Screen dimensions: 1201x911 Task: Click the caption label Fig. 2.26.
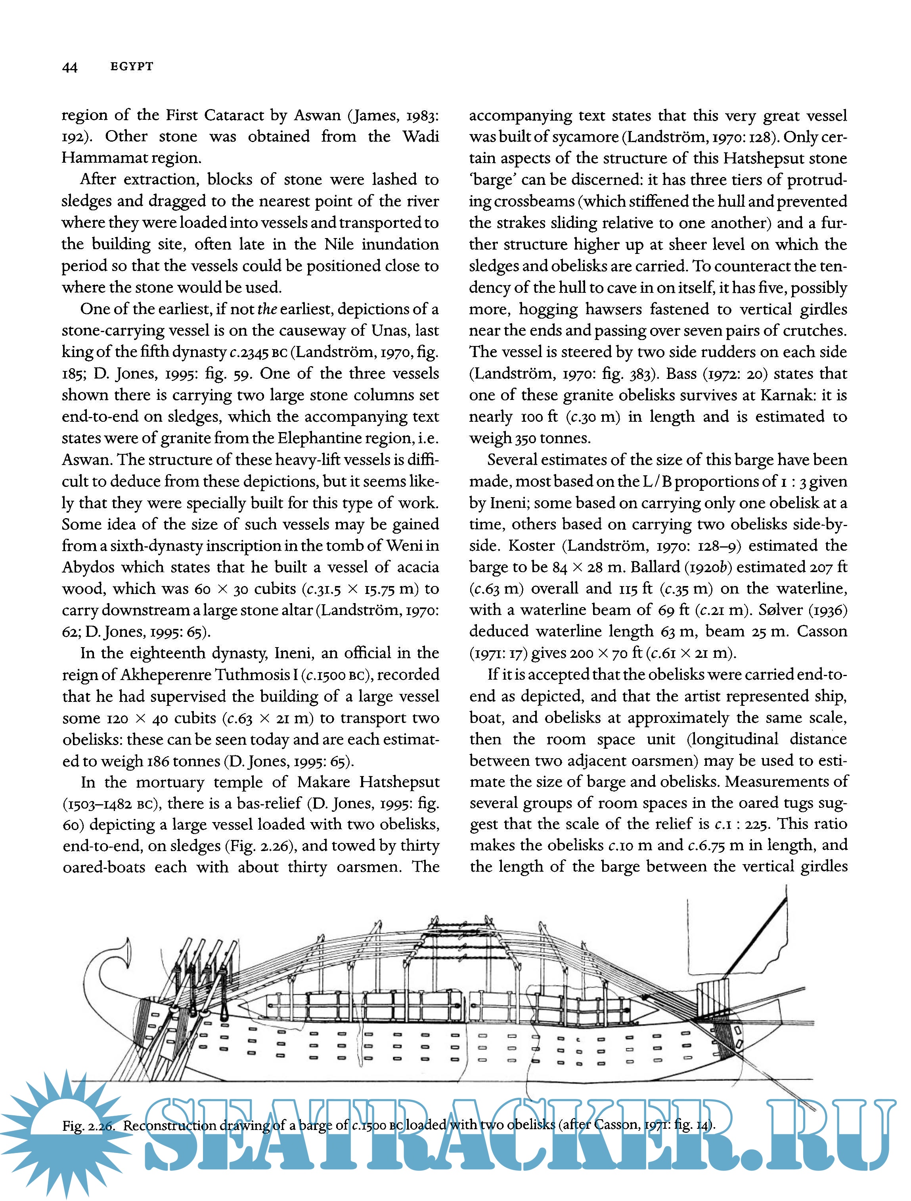tap(88, 1126)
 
